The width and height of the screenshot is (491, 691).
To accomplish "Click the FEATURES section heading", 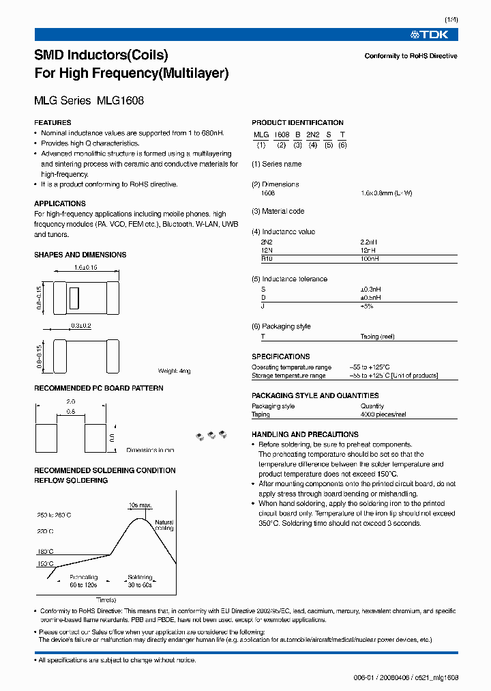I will [x=53, y=123].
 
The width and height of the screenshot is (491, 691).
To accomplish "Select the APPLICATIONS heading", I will [x=60, y=203].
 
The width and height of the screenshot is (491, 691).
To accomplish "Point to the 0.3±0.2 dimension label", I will [x=80, y=326].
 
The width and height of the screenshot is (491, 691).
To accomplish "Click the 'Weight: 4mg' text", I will [x=175, y=371].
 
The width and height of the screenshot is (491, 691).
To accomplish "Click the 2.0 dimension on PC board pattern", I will [x=71, y=402].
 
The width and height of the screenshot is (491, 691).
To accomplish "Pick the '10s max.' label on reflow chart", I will [x=140, y=505].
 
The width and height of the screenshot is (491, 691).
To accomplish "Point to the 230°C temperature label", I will [x=45, y=531].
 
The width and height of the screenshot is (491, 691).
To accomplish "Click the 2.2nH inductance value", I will [x=369, y=242].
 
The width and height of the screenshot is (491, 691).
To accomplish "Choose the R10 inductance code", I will [x=266, y=259].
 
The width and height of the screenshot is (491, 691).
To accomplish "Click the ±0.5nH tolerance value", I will [x=370, y=298].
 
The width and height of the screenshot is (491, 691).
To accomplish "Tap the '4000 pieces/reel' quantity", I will [x=384, y=414].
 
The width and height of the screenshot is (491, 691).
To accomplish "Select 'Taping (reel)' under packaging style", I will [x=377, y=337].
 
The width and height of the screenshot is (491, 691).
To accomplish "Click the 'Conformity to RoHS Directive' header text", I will [x=411, y=56].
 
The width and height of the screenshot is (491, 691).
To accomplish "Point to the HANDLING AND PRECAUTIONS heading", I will [x=305, y=434].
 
